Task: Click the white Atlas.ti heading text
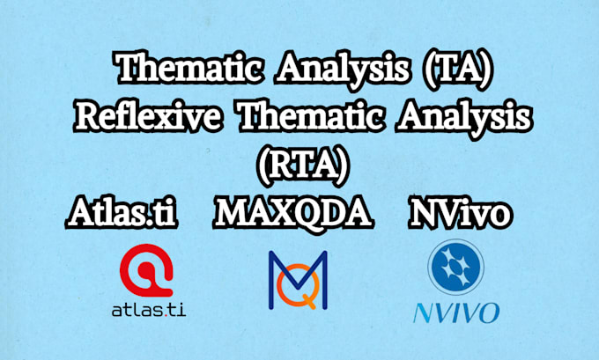(x=123, y=214)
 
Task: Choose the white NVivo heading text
(x=461, y=214)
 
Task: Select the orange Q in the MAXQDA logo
(x=298, y=290)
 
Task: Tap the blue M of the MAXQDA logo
(x=298, y=268)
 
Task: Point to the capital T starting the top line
(x=127, y=68)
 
